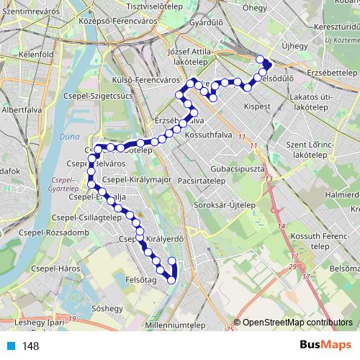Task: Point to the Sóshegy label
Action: (x=108, y=308)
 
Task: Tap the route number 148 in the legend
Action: (x=30, y=346)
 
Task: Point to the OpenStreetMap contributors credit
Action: (x=297, y=323)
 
